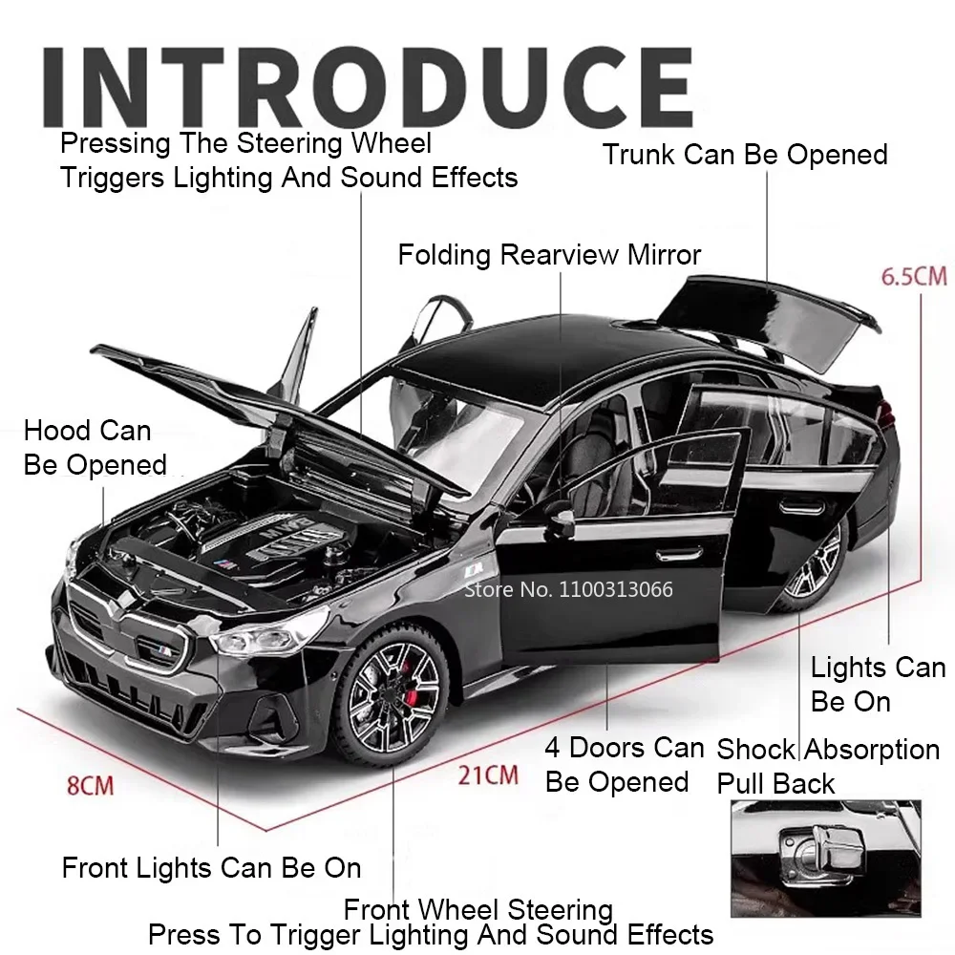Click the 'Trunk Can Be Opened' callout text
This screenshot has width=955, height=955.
coord(745,155)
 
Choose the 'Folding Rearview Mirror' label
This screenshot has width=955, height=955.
coord(549,255)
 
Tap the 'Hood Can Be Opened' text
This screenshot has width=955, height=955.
coord(94,448)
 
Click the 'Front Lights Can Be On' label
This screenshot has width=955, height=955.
coord(211,867)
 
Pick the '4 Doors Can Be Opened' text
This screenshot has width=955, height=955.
coord(624,764)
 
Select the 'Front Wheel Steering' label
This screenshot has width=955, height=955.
coord(477,909)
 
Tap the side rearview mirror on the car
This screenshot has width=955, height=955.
coord(561,518)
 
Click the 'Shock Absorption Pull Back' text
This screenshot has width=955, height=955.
coord(827,766)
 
